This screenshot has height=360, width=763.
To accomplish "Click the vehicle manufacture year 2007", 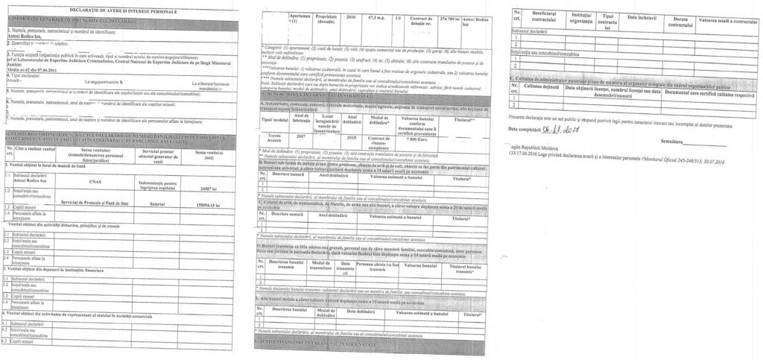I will click(300, 136).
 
